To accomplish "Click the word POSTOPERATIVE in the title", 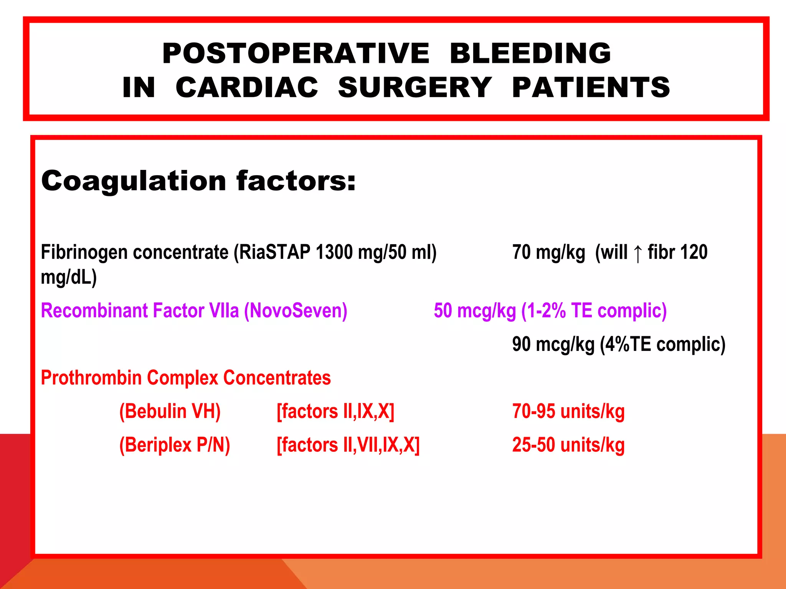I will click(296, 53).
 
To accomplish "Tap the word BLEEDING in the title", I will click(530, 53).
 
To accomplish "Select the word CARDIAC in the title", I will click(247, 87).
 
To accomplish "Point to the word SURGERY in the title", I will click(415, 87).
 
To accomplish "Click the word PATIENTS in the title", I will click(591, 87).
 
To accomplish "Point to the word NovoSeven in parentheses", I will click(296, 311).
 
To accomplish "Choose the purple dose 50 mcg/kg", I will click(475, 311).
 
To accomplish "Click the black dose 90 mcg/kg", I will click(553, 344).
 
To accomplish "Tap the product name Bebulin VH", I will click(170, 411).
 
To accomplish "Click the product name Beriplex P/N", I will click(175, 445).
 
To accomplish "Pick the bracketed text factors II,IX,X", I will click(335, 411).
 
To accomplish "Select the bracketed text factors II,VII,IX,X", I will click(348, 445).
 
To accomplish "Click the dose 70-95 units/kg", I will click(568, 411).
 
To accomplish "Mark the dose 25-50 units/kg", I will click(568, 445).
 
